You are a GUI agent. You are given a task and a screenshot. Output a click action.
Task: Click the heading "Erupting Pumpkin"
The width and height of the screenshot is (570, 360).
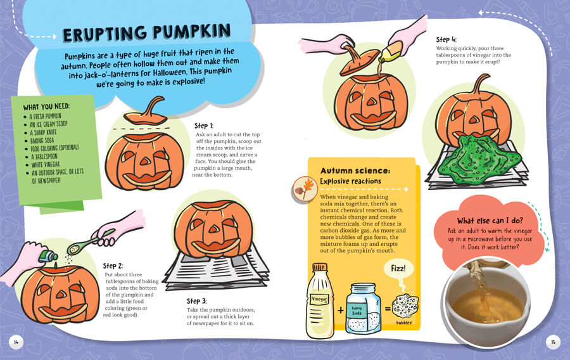[x=146, y=33]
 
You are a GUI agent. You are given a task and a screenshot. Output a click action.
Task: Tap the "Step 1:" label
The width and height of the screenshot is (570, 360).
[x=203, y=126]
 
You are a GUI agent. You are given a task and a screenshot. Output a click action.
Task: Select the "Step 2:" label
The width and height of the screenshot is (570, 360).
[x=113, y=266]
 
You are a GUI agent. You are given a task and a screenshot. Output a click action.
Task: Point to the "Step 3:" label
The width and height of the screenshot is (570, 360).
[x=197, y=301]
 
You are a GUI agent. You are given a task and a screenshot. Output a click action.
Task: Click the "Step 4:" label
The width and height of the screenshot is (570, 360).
[x=446, y=39]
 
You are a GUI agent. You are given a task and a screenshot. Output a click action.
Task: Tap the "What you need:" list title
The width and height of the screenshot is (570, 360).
[x=46, y=106]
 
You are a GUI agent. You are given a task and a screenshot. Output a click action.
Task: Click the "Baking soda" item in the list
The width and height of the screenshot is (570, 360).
[x=42, y=140]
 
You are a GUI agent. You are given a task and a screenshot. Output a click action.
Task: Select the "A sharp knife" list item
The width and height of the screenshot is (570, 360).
[x=43, y=132]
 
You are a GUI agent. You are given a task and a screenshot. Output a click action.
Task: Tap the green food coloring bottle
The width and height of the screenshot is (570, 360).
[x=48, y=256]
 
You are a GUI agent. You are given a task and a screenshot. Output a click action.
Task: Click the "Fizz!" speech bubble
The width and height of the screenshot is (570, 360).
[x=398, y=269]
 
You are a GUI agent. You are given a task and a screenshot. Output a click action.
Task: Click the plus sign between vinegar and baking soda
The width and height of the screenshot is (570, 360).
[x=341, y=310]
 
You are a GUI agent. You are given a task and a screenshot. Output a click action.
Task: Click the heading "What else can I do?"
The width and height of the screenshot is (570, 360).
[x=490, y=221]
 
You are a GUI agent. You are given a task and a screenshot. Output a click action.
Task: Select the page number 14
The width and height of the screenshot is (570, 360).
[x=16, y=342]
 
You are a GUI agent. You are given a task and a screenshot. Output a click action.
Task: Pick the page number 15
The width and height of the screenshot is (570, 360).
[x=553, y=342]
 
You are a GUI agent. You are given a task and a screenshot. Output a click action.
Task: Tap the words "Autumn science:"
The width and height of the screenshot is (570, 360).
[x=355, y=170]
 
